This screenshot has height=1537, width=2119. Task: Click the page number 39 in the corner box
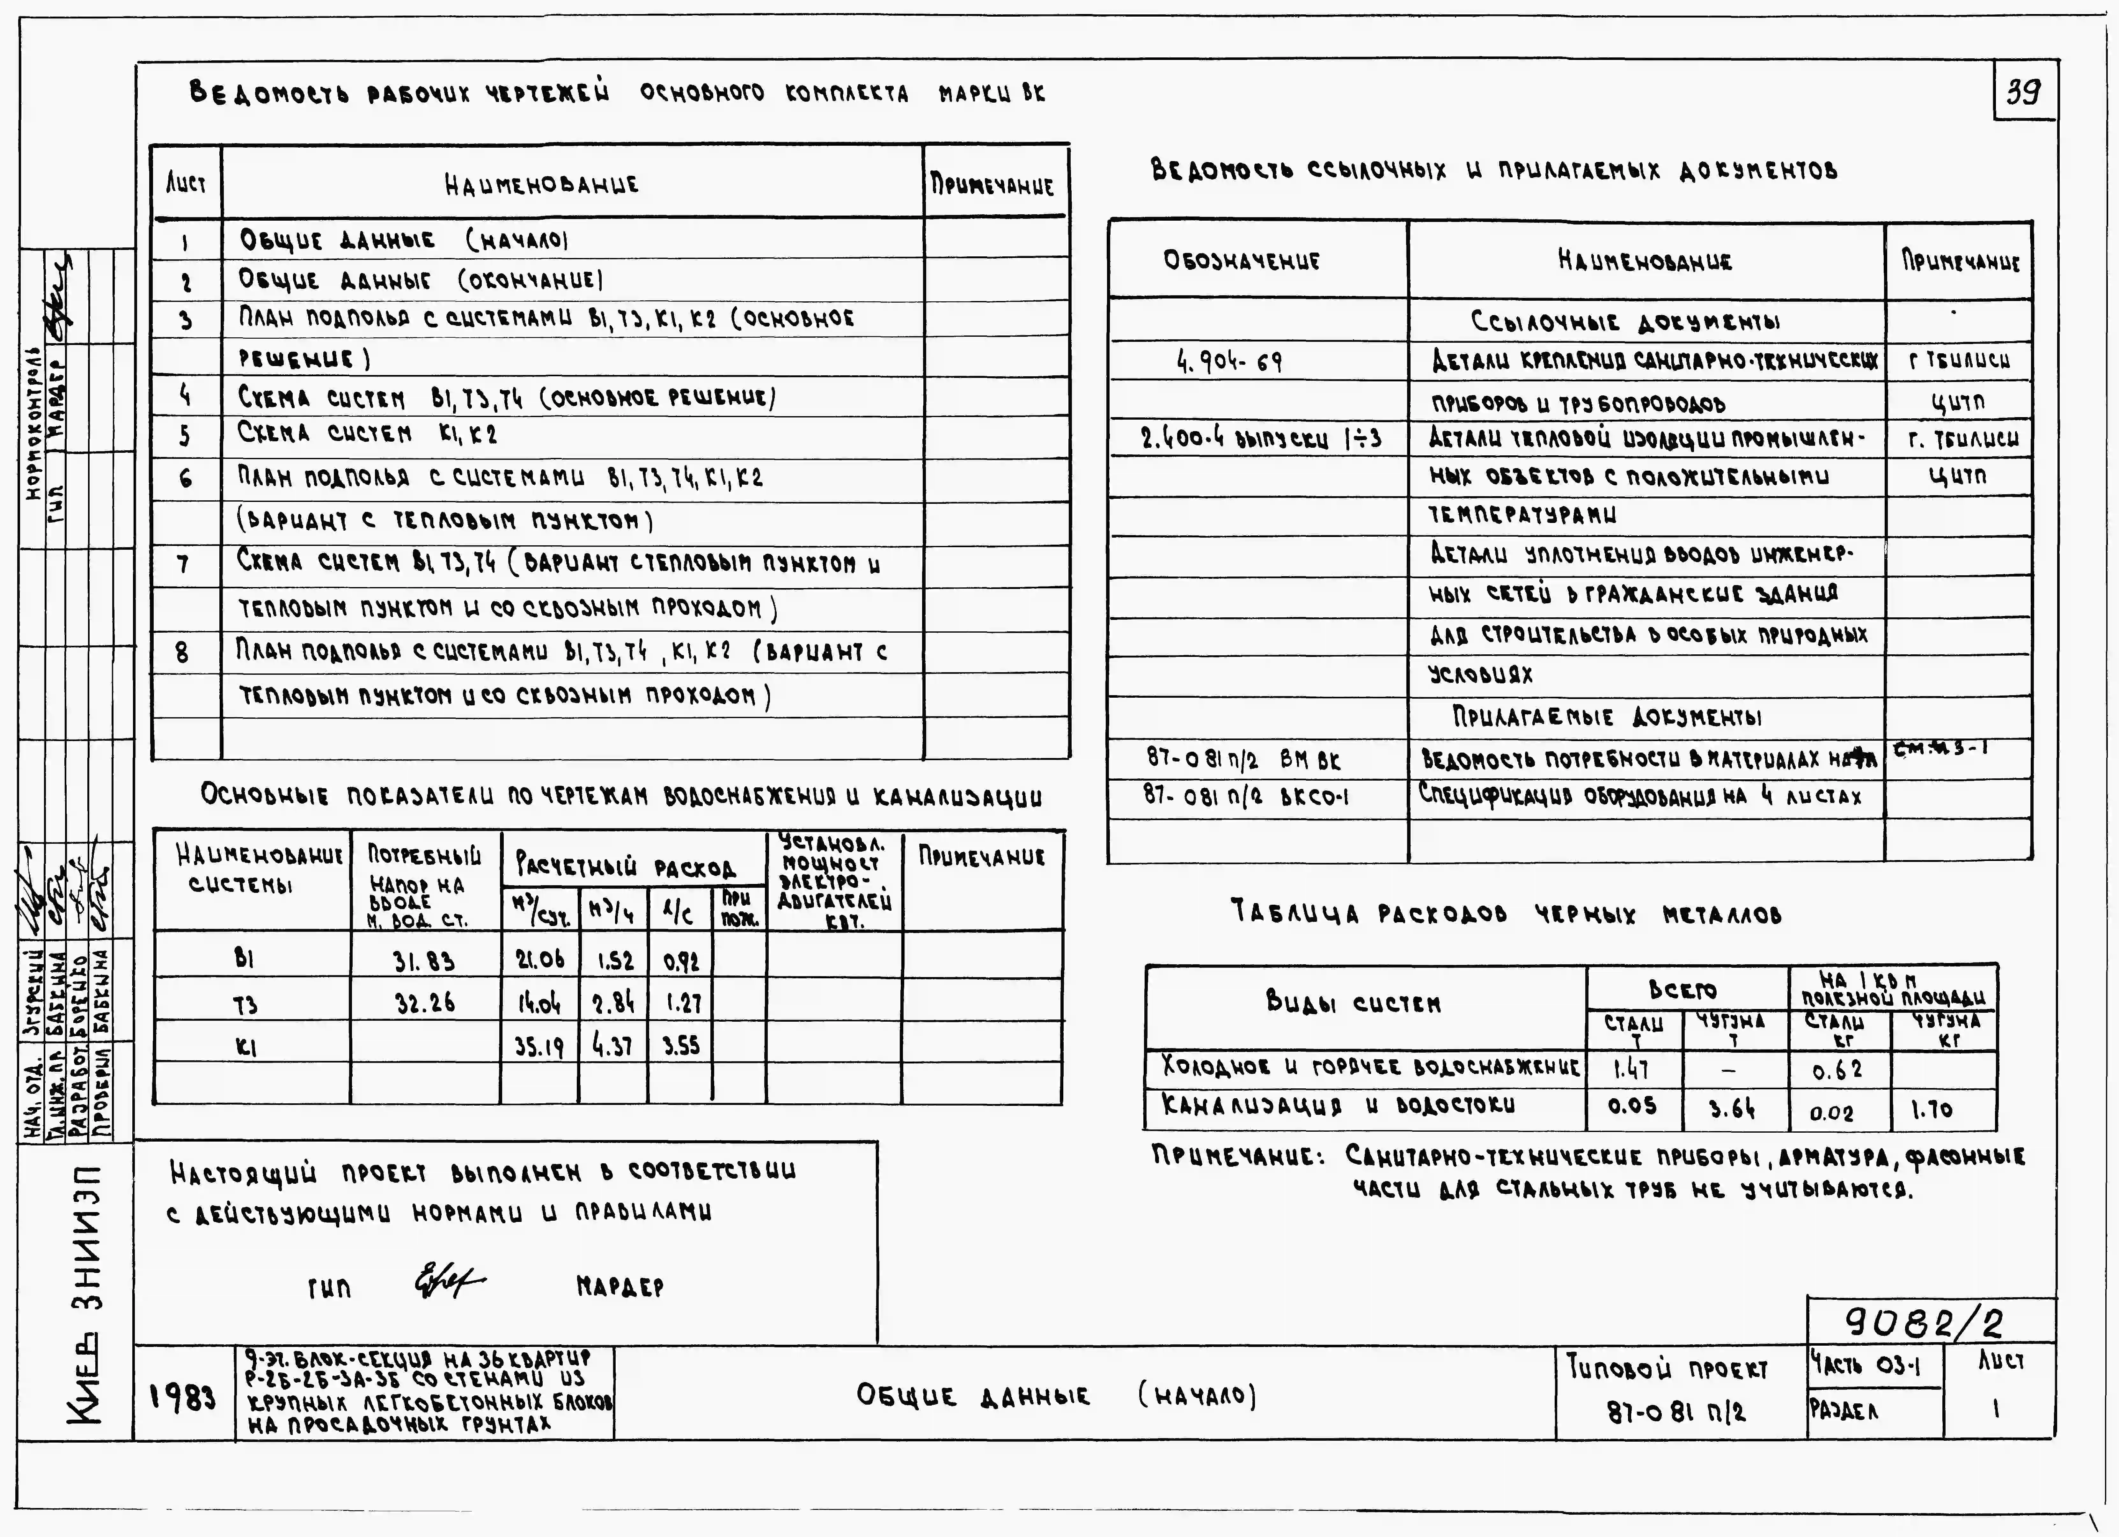[x=2024, y=92]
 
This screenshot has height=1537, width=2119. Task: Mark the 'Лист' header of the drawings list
[x=186, y=183]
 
